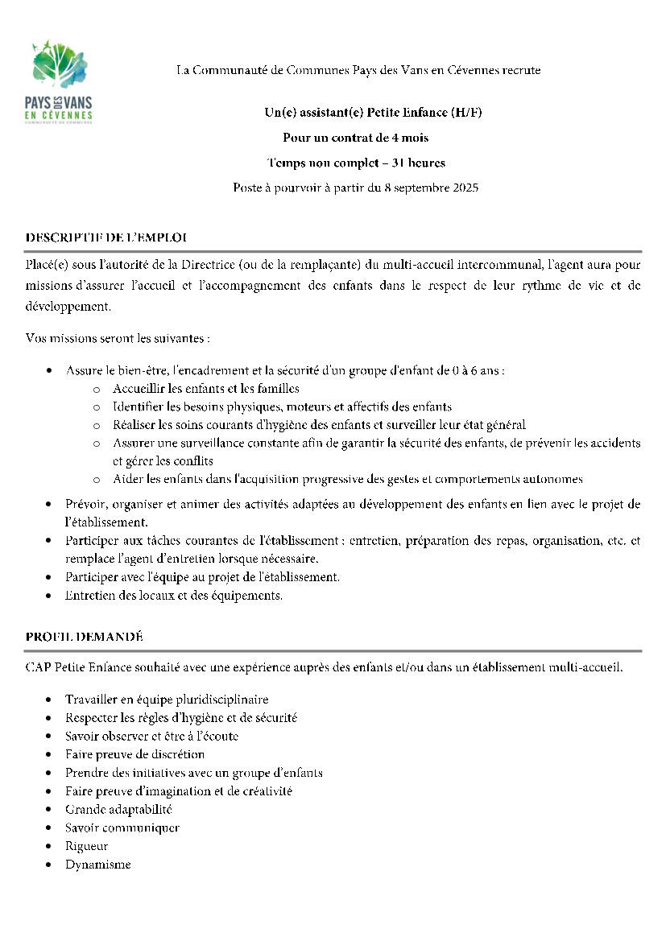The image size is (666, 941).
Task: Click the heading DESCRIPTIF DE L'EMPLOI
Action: [106, 237]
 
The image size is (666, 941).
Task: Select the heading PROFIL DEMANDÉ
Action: [85, 637]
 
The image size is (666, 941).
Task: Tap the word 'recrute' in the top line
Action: [521, 71]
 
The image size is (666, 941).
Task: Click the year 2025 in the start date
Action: [465, 188]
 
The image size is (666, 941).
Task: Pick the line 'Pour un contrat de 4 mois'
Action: [355, 138]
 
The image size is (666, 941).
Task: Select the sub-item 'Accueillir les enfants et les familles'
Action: [206, 389]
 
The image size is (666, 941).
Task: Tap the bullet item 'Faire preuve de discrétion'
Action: [134, 754]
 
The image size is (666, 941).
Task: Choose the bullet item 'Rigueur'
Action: [86, 846]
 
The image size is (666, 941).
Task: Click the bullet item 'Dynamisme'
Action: [97, 865]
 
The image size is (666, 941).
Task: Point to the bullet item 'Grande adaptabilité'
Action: [118, 809]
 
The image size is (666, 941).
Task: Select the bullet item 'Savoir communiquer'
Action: [122, 828]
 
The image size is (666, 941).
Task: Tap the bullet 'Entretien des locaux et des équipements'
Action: [174, 596]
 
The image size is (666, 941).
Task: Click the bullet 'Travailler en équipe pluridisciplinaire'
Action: [167, 700]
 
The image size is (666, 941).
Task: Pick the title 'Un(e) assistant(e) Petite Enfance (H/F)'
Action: [373, 112]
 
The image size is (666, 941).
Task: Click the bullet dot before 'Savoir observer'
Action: [51, 737]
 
